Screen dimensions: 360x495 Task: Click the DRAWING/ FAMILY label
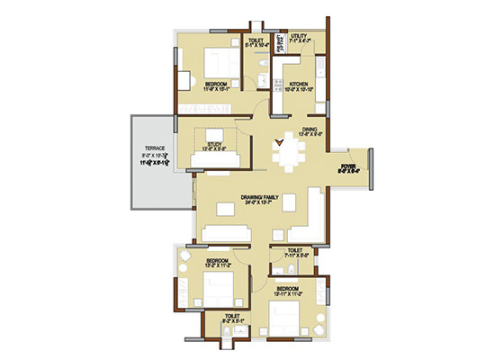coord(257,196)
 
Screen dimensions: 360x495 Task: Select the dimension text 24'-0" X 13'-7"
coord(257,202)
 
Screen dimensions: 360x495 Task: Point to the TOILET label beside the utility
coord(256,40)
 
